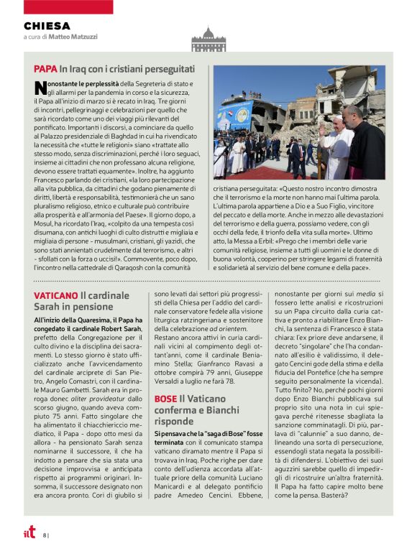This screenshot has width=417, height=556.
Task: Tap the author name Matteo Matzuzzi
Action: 75,36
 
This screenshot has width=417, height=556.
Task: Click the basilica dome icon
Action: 208,39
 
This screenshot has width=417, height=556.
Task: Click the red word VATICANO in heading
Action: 56,295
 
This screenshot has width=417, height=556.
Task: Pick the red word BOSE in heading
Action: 165,398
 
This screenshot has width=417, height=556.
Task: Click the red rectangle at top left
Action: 58,6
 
